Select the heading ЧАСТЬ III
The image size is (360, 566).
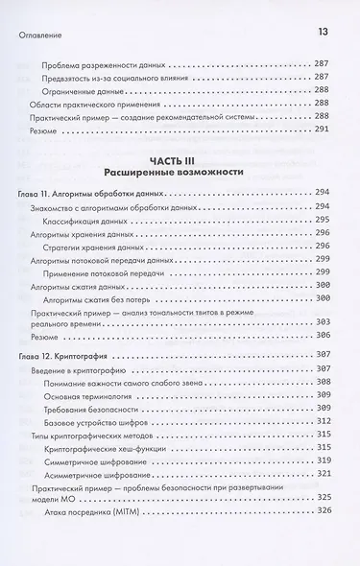179,160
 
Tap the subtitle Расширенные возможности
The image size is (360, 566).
179,173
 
